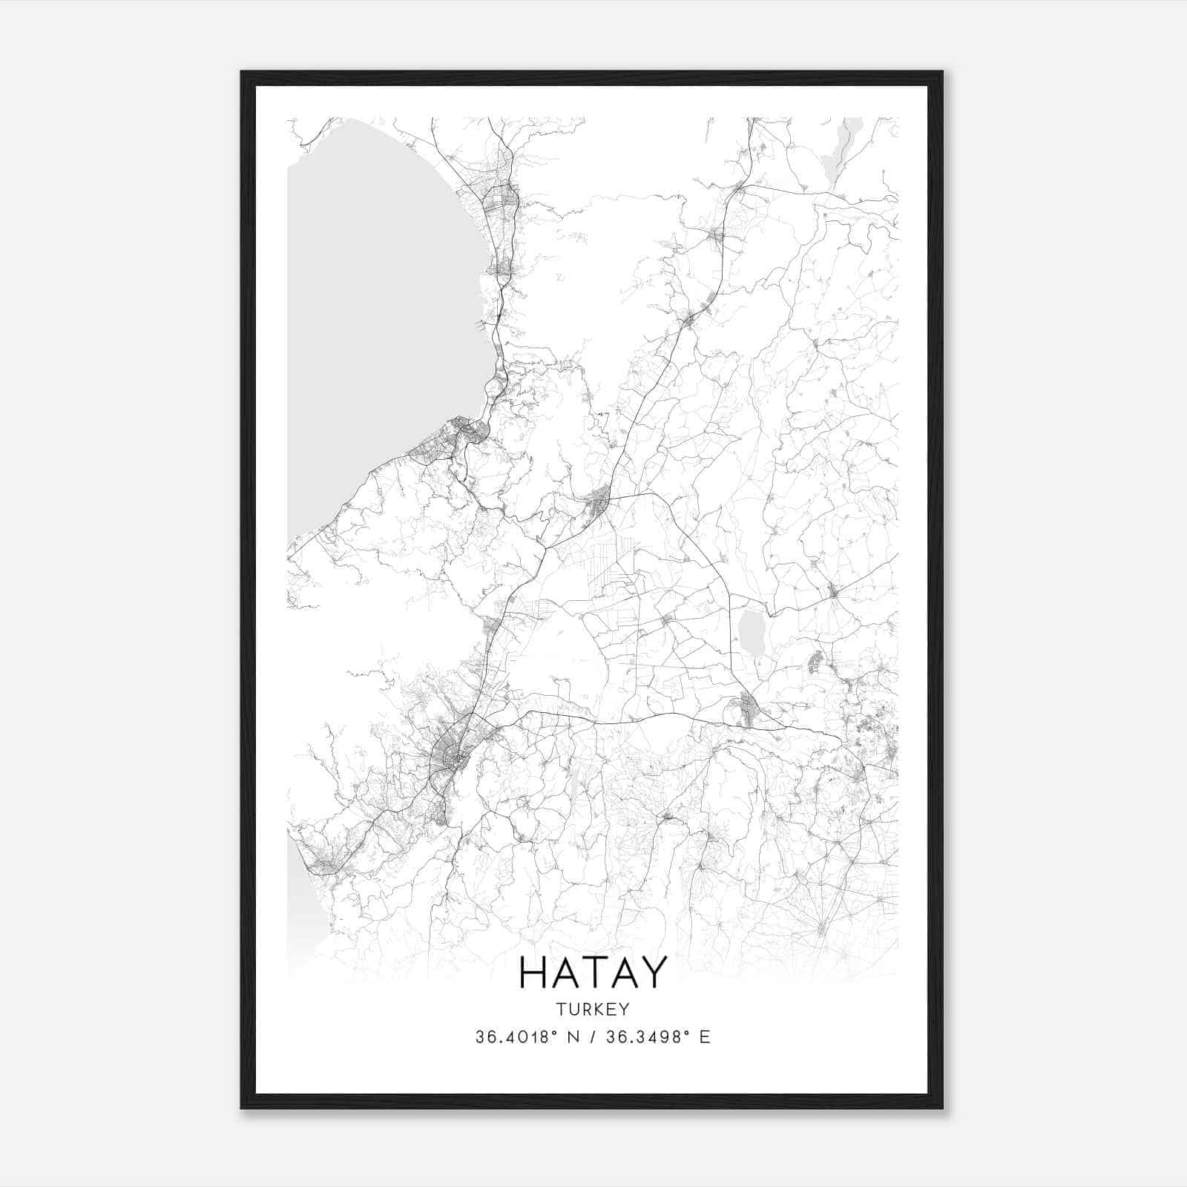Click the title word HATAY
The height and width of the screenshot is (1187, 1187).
593,973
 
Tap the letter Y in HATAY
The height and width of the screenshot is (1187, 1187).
654,973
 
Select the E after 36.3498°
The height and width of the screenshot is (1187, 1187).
705,1036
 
